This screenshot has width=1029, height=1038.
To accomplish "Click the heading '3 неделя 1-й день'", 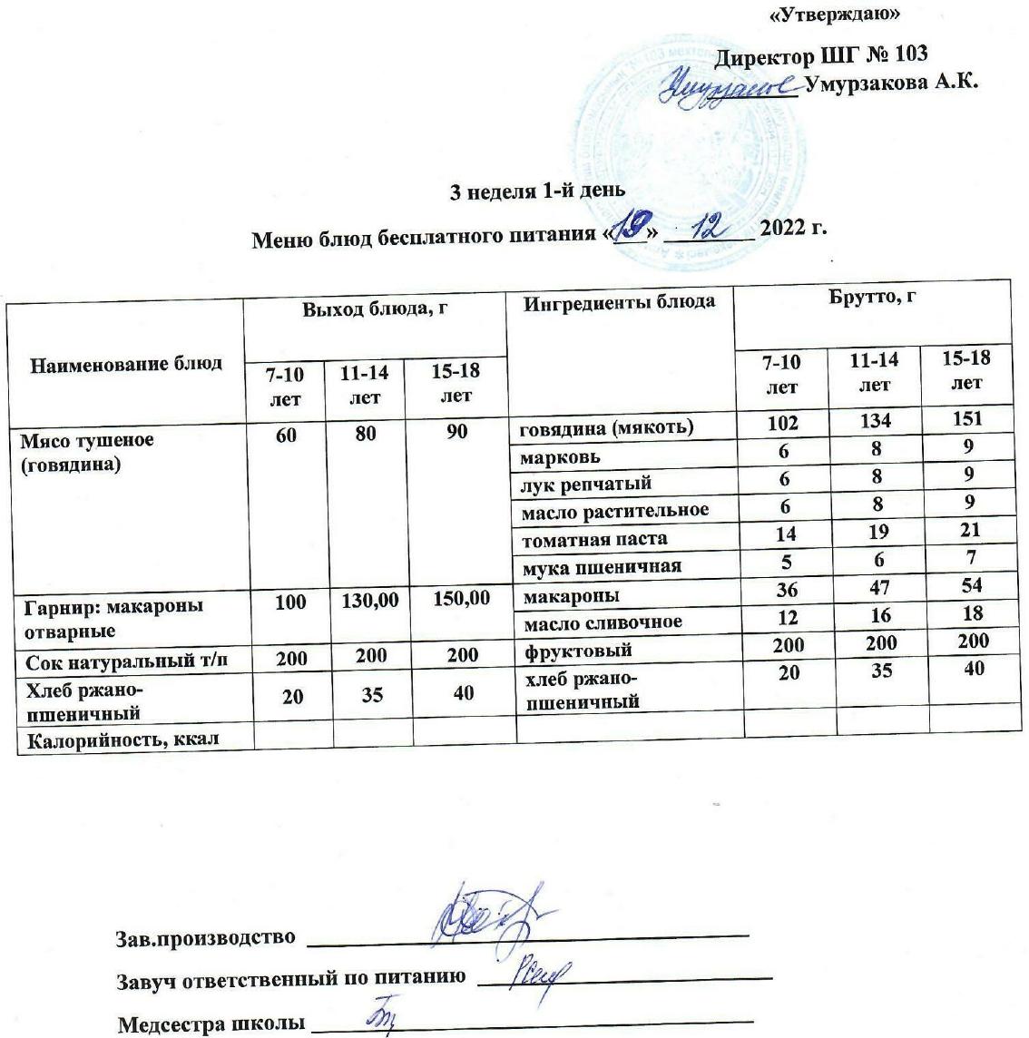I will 538,191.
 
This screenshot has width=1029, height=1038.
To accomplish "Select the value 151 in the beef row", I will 966,419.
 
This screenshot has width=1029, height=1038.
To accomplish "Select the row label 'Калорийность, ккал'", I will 120,740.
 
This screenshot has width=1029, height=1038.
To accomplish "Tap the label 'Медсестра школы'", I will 210,1024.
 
